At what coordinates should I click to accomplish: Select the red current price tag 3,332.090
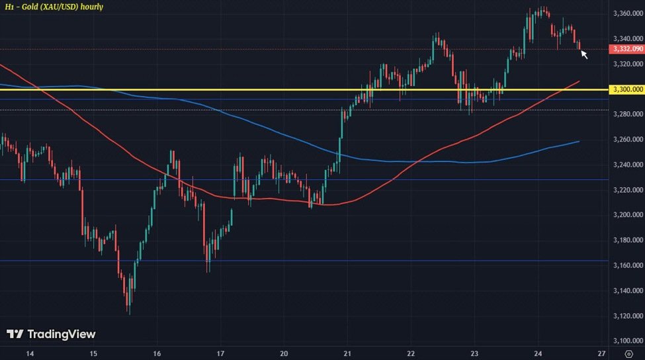click(625, 49)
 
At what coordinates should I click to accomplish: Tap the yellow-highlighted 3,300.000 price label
click(625, 89)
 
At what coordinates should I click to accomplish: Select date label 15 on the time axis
click(93, 352)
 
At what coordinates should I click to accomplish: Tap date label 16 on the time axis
click(157, 352)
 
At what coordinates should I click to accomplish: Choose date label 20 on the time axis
click(284, 352)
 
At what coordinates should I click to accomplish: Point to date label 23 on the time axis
click(475, 352)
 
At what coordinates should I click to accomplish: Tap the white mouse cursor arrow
click(584, 54)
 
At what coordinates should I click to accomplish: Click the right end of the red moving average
click(580, 81)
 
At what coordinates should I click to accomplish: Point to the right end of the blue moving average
click(580, 141)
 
